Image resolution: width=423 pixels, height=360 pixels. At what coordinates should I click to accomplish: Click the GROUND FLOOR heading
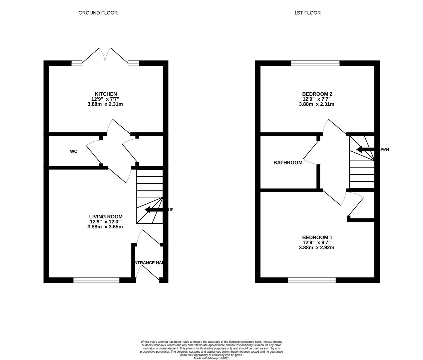98,13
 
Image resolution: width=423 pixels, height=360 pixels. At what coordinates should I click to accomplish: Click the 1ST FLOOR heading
307,13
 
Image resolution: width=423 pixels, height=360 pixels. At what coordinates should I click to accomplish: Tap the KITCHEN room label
106,94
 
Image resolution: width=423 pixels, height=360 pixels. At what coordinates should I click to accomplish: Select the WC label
74,151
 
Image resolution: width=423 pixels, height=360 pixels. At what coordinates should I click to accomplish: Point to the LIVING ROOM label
106,217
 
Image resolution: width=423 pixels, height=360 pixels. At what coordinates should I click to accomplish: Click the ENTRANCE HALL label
149,263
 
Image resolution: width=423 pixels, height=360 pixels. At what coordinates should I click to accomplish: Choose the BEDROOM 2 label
317,94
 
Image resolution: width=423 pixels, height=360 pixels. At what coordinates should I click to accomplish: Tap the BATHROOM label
288,163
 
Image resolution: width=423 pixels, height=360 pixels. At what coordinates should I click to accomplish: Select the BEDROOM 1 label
317,237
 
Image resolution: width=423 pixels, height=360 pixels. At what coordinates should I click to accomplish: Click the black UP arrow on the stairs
154,210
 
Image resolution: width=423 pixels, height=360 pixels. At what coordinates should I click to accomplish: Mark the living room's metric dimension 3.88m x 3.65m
105,227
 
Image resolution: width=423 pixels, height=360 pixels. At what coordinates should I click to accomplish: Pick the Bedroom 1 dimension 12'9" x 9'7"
317,243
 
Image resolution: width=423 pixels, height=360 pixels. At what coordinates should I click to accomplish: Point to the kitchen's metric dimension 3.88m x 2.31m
105,104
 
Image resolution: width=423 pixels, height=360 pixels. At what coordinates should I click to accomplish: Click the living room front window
96,280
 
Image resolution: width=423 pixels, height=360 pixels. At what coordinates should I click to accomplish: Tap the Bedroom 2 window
315,63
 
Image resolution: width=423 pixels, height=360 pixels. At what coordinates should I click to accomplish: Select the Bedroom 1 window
312,280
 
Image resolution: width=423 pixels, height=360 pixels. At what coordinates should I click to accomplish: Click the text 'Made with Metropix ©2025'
211,358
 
